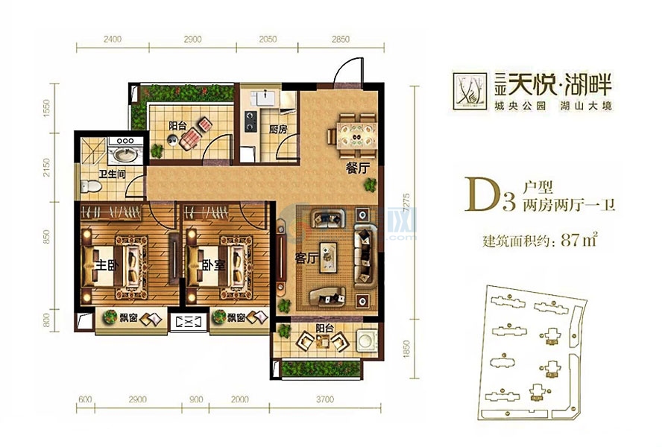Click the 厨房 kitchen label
278,129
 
